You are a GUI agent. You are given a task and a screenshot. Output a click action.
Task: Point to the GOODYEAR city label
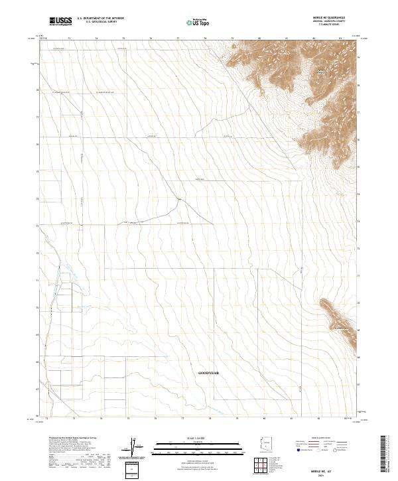[208, 374]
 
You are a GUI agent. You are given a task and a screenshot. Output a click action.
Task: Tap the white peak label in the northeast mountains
[322, 71]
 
